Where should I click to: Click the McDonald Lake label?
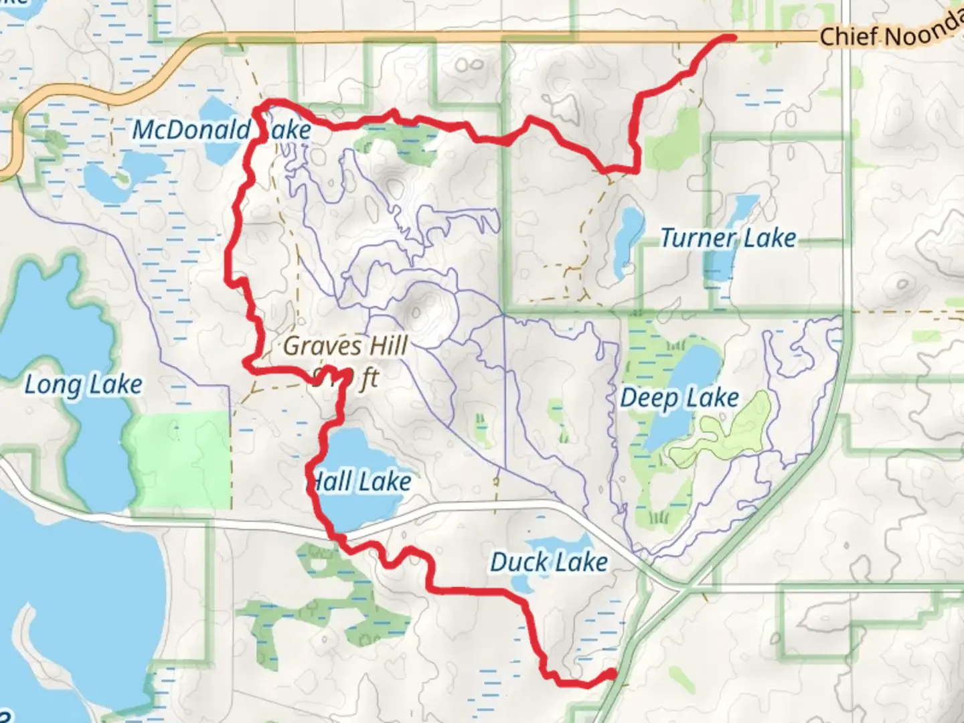point(222,130)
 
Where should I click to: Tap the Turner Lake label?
point(728,238)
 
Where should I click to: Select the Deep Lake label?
point(679,398)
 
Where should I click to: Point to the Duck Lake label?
point(549,562)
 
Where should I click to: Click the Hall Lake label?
point(360,482)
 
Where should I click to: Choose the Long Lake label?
point(84,385)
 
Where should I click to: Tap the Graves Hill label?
point(345,346)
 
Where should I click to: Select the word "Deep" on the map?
point(649,398)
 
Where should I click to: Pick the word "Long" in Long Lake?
point(54,386)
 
